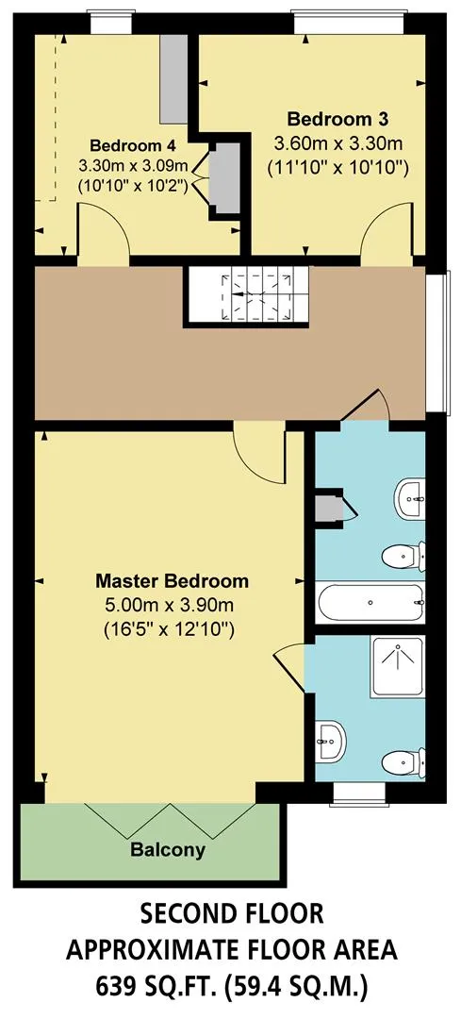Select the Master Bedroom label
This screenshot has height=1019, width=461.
tap(173, 579)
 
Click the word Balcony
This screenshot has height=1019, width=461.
tap(168, 849)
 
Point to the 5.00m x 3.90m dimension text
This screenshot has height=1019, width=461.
tap(169, 605)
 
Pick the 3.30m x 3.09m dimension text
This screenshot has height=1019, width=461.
tap(133, 165)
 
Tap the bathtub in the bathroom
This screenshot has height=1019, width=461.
tap(370, 602)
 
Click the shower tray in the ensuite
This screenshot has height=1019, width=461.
tap(398, 667)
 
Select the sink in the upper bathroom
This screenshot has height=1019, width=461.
tap(410, 499)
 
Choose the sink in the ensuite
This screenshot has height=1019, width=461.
tap(331, 741)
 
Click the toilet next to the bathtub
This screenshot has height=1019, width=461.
tap(403, 557)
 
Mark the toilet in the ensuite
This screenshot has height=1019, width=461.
tap(403, 761)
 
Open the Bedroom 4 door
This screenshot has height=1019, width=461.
tap(104, 229)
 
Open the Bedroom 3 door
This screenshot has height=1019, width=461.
tap(387, 229)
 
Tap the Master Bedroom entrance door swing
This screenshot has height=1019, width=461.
tap(259, 455)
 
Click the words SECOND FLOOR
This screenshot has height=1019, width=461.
tap(232, 914)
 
